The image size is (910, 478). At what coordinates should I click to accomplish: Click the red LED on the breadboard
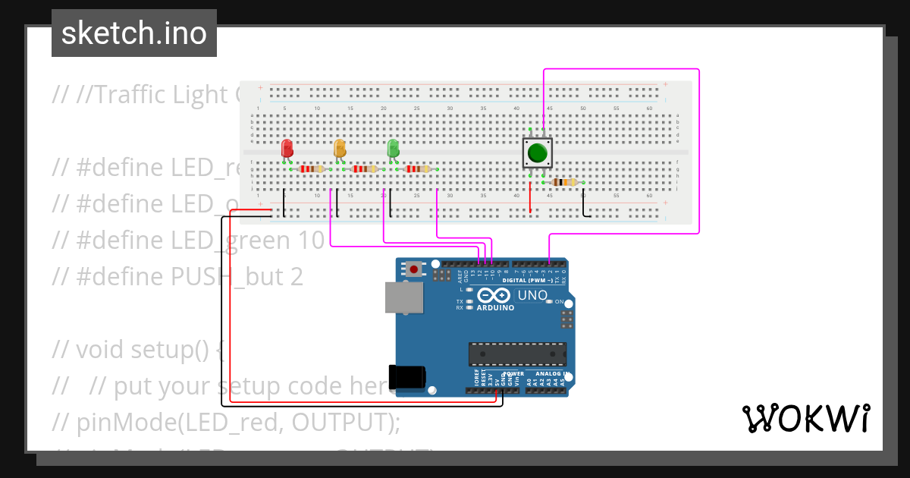[287, 148]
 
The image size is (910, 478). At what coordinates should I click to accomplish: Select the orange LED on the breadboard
[340, 148]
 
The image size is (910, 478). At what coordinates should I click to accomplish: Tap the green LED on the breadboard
[393, 148]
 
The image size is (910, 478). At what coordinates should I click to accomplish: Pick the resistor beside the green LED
[418, 169]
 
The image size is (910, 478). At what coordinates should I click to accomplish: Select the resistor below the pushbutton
[565, 182]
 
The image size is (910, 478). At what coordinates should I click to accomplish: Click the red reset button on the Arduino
[414, 269]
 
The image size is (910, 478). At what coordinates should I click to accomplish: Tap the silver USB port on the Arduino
[403, 297]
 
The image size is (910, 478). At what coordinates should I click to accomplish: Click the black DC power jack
[406, 378]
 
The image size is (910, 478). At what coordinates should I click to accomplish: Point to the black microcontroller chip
[516, 354]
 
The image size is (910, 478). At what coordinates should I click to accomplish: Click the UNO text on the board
[532, 295]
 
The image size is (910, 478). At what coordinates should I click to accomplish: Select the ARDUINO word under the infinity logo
[495, 308]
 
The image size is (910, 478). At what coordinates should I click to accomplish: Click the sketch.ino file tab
[134, 33]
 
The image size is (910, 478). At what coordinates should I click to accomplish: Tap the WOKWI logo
[805, 418]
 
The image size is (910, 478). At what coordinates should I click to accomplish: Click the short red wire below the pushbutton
[530, 198]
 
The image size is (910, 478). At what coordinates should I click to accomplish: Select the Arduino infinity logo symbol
[494, 295]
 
